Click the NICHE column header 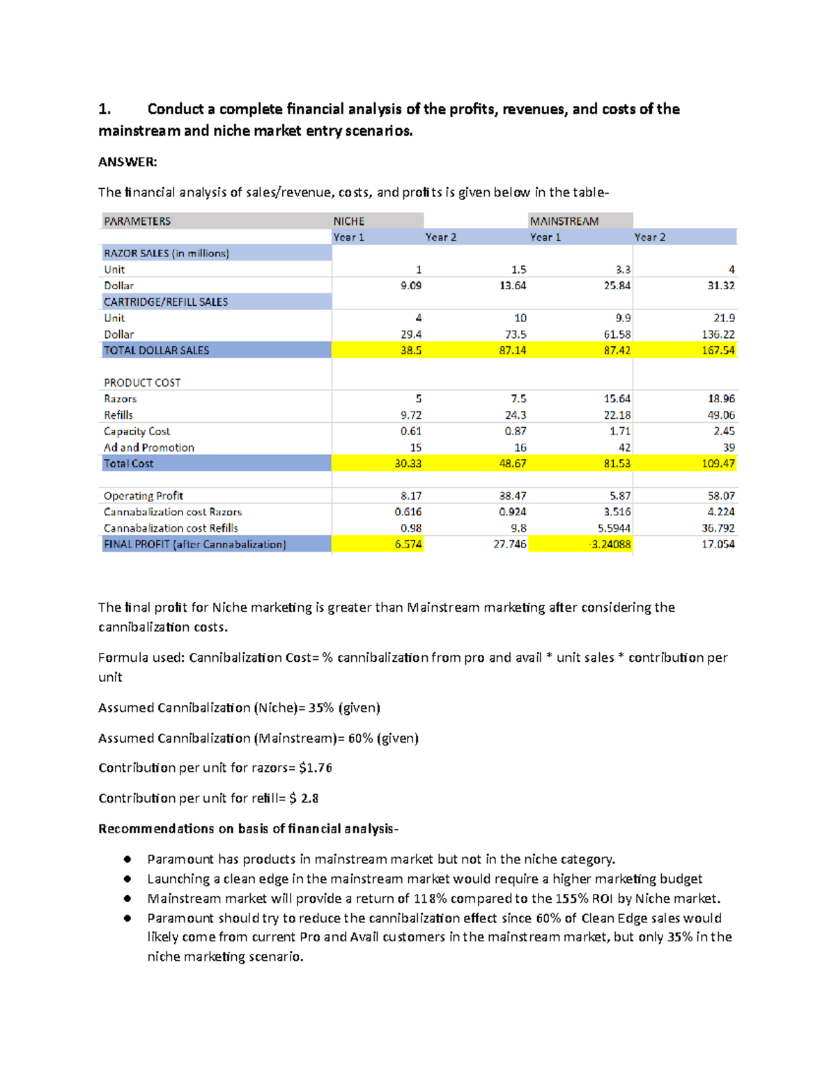349,221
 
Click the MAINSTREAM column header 564,221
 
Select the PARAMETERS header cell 137,221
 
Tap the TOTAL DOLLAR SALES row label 156,350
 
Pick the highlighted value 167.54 718,350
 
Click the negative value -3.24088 610,544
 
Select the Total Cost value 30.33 408,463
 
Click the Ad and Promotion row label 148,447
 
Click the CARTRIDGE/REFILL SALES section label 166,302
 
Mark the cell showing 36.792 718,528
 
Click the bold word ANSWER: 127,162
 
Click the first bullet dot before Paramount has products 127,860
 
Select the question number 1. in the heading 104,109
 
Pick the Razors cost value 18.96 721,399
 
